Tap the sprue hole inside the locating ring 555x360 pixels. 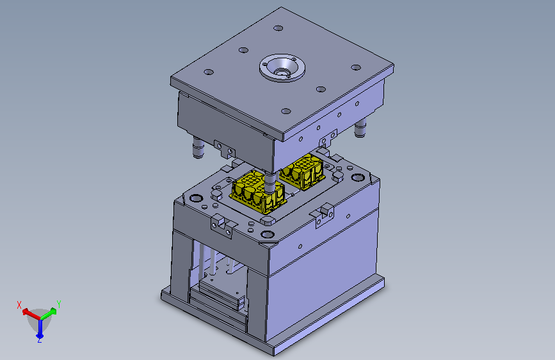[x=282, y=72]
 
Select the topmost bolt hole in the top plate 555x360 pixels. [x=278, y=28]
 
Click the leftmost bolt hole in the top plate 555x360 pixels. [x=209, y=72]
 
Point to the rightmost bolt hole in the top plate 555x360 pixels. [x=356, y=67]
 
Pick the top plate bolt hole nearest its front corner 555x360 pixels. [x=286, y=111]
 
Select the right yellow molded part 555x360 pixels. [x=303, y=172]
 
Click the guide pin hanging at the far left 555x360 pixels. [x=198, y=147]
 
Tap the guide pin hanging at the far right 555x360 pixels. [x=360, y=128]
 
